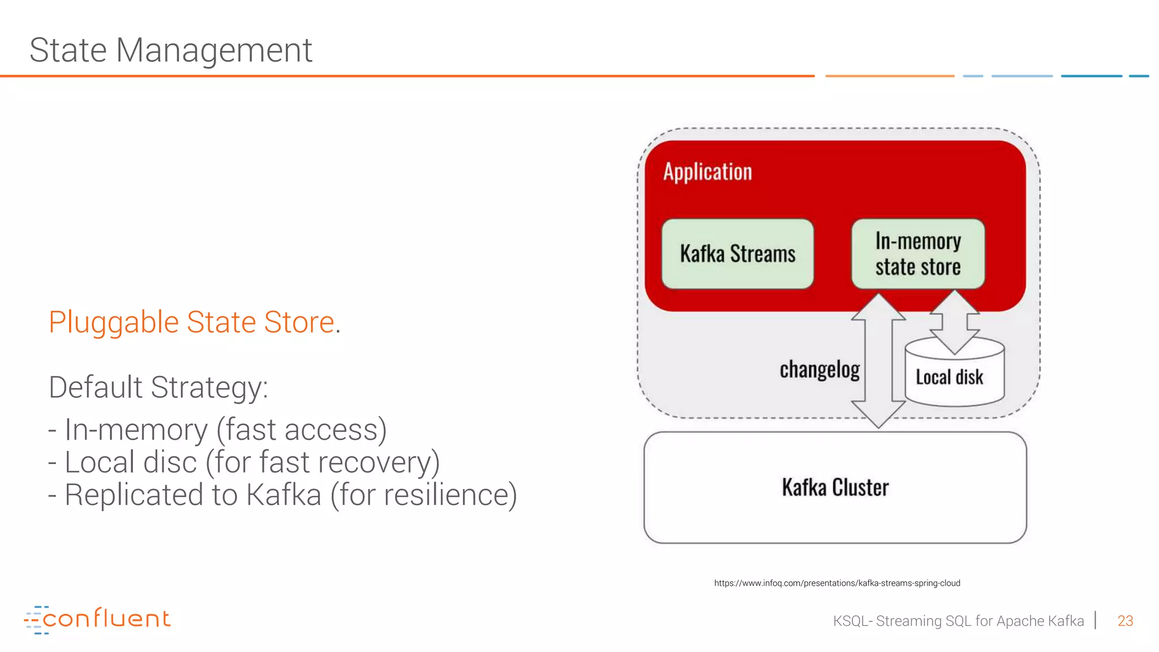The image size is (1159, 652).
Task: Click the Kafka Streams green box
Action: (737, 254)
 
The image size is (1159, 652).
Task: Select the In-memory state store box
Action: (917, 254)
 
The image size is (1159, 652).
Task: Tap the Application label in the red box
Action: (707, 172)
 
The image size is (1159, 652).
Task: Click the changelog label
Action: (819, 370)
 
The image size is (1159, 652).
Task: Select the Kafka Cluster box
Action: (835, 487)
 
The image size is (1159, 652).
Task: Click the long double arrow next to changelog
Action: (878, 362)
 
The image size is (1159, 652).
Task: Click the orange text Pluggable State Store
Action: (191, 322)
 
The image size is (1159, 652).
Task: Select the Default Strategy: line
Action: (158, 387)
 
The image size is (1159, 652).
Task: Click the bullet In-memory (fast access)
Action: (217, 430)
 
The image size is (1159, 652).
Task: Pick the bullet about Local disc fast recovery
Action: (244, 462)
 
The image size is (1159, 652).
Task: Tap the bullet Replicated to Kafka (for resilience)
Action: (282, 495)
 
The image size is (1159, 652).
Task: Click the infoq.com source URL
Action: (836, 583)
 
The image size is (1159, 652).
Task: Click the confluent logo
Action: (97, 619)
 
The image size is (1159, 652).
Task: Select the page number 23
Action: (1124, 621)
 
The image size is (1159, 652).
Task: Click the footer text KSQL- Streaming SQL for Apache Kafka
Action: (958, 621)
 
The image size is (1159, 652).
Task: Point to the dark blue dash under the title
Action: (1091, 76)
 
